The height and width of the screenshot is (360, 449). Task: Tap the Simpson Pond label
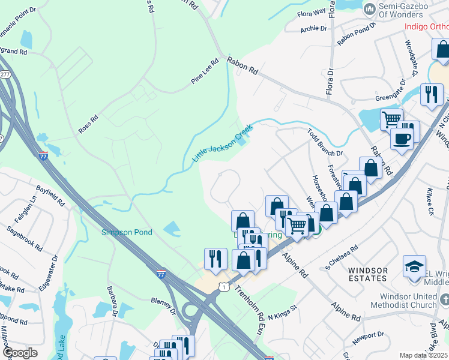[127, 232]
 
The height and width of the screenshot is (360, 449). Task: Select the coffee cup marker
[402, 139]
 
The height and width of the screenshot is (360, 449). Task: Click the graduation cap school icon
[415, 266]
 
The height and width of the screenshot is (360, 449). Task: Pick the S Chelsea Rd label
[341, 255]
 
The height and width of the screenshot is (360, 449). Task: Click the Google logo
[20, 352]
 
